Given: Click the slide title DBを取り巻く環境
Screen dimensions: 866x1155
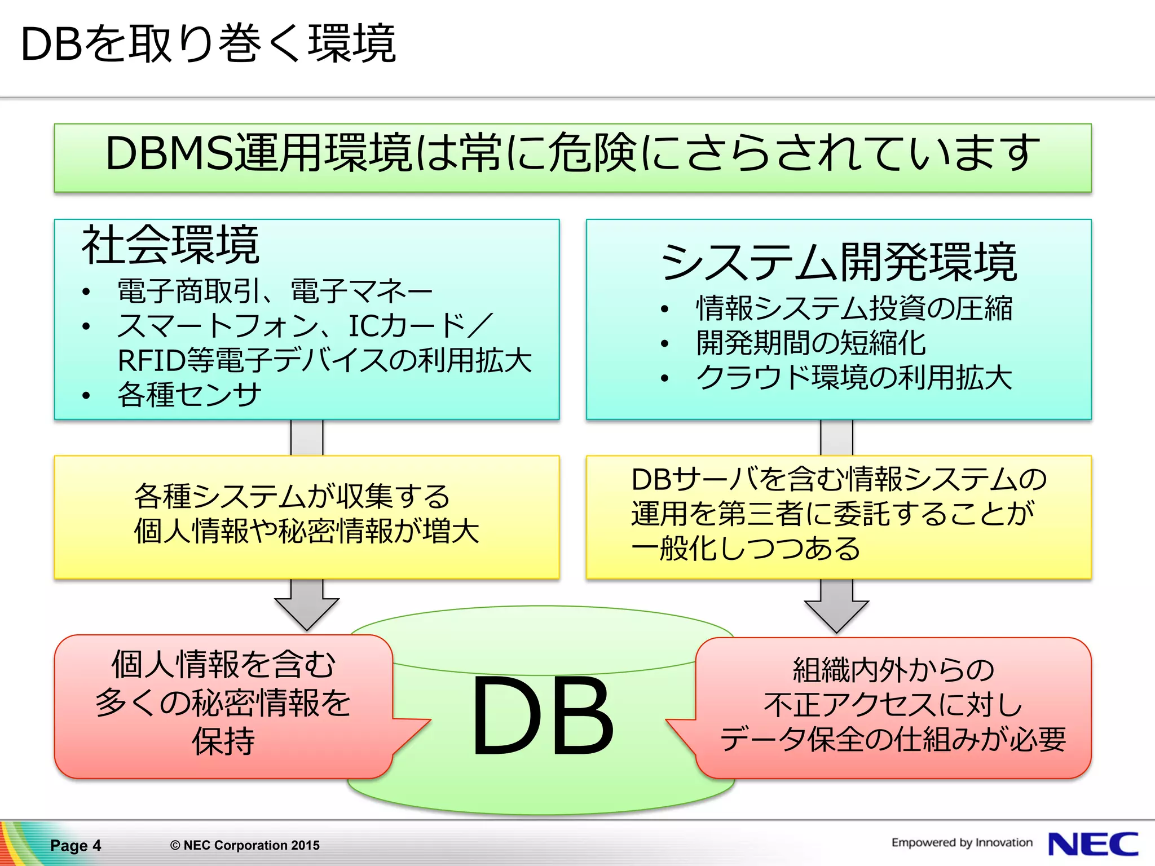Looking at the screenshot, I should tap(208, 44).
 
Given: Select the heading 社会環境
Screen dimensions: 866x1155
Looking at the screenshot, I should tap(170, 245).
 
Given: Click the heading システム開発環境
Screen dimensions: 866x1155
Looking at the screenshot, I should tap(839, 262).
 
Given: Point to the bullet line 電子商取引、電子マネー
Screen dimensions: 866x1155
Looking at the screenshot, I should tap(275, 291).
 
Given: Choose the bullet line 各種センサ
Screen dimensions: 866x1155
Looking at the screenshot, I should tap(189, 394).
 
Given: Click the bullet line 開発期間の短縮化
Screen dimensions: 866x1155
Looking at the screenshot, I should tap(811, 343).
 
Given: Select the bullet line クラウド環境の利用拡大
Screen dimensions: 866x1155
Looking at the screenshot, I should tap(854, 377).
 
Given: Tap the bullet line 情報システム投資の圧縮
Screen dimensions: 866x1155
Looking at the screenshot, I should tap(854, 308).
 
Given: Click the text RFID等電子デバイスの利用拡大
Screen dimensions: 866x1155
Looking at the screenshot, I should tap(324, 360).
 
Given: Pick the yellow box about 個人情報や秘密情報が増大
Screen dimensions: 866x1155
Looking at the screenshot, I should tap(307, 516).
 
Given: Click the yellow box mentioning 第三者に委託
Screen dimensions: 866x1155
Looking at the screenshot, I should tap(839, 516).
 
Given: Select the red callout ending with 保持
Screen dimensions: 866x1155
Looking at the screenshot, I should tap(223, 705).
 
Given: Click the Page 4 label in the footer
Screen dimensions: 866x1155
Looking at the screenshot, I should tap(76, 845).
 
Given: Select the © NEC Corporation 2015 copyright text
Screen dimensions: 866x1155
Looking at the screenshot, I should tap(245, 845).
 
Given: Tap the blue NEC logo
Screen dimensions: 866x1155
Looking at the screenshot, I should tap(1092, 844).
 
